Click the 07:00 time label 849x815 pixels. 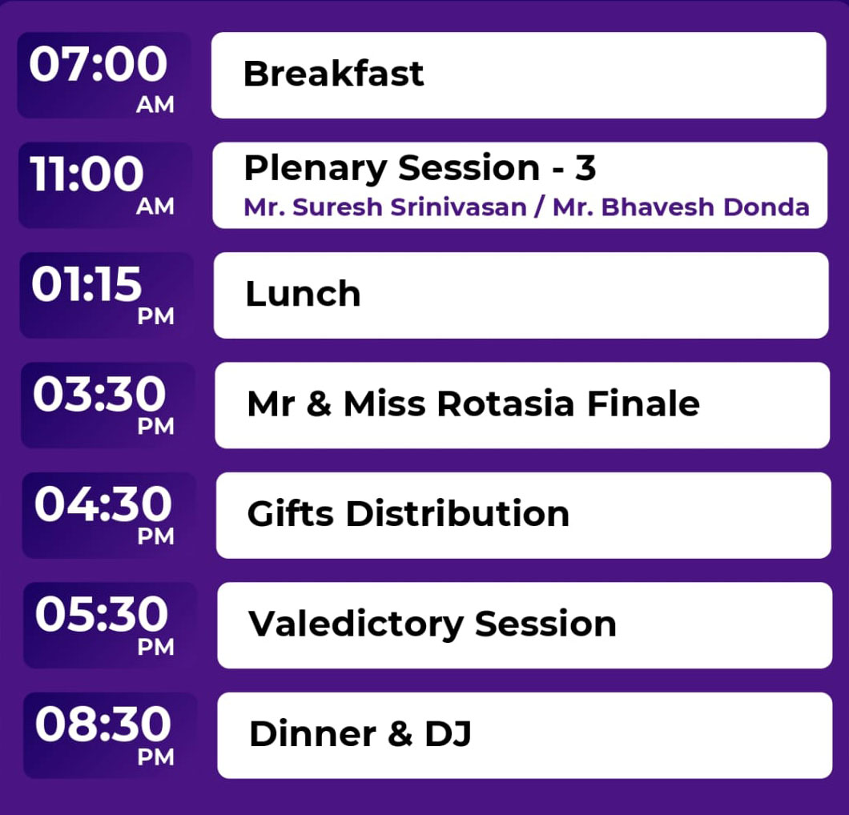click(98, 64)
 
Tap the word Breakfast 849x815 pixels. click(333, 74)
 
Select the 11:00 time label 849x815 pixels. click(87, 174)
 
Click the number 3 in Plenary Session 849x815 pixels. click(585, 168)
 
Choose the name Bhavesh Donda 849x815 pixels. click(706, 207)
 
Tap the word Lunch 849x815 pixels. click(303, 294)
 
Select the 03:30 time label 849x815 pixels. click(99, 393)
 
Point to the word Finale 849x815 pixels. click(643, 403)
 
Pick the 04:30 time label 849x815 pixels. click(103, 504)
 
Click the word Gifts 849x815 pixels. click(290, 513)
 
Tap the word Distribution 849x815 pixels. click(458, 513)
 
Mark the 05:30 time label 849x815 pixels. click(102, 614)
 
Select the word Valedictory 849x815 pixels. click(355, 624)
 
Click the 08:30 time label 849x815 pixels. click(103, 724)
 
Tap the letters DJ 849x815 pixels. click(448, 734)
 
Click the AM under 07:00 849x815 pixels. click(155, 105)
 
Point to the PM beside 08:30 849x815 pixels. click(156, 757)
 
